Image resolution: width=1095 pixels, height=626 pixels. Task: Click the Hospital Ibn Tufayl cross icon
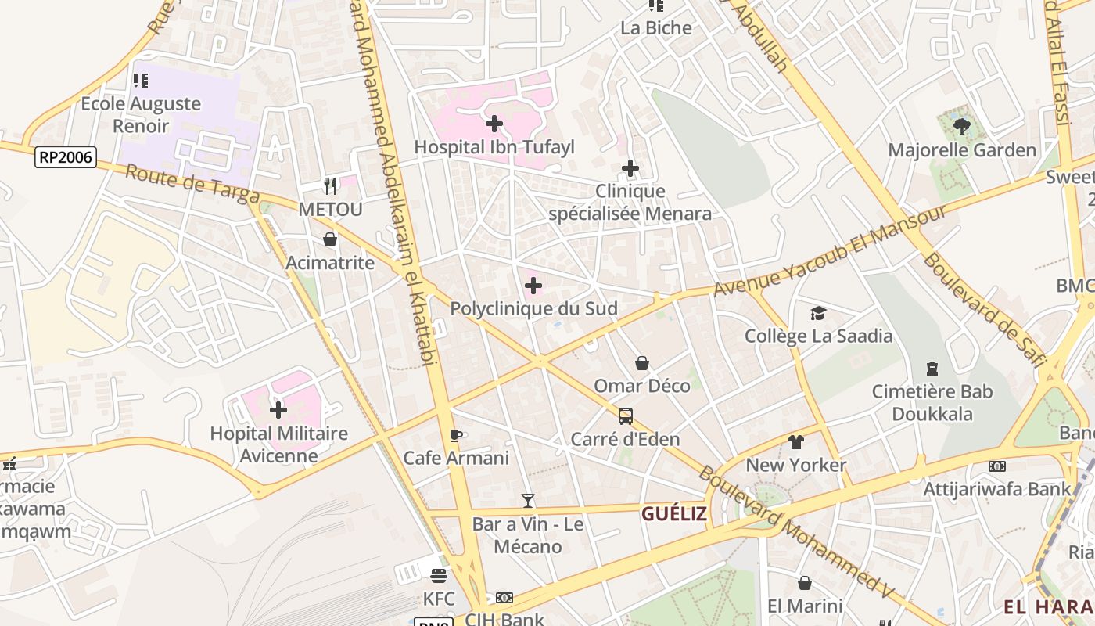[494, 124]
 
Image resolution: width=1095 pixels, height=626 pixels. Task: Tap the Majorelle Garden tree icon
[962, 126]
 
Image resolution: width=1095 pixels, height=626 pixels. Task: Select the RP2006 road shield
[66, 158]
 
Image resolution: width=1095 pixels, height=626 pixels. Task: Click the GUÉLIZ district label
[674, 514]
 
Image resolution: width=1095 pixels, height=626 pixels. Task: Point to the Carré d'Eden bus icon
[625, 416]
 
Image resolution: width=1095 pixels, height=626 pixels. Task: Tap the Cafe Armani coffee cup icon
[456, 435]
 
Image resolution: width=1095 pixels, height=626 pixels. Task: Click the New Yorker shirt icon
[796, 442]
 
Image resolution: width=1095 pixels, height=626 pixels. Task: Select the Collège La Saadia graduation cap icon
[818, 313]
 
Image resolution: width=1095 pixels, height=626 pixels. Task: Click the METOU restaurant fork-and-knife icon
[330, 186]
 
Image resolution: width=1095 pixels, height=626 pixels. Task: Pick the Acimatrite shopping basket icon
[330, 239]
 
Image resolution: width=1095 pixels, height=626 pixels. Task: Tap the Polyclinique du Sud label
[533, 309]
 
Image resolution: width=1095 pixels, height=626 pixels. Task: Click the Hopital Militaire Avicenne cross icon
[278, 410]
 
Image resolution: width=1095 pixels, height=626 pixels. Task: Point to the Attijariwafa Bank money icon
[997, 466]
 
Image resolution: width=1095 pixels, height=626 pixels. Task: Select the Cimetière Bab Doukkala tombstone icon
[932, 368]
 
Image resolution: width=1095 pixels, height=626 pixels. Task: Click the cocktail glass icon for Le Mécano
[528, 501]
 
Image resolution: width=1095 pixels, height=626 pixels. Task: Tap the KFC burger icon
[439, 576]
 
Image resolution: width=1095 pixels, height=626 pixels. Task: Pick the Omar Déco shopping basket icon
[642, 363]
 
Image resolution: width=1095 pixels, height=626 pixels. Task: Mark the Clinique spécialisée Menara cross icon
[630, 168]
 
